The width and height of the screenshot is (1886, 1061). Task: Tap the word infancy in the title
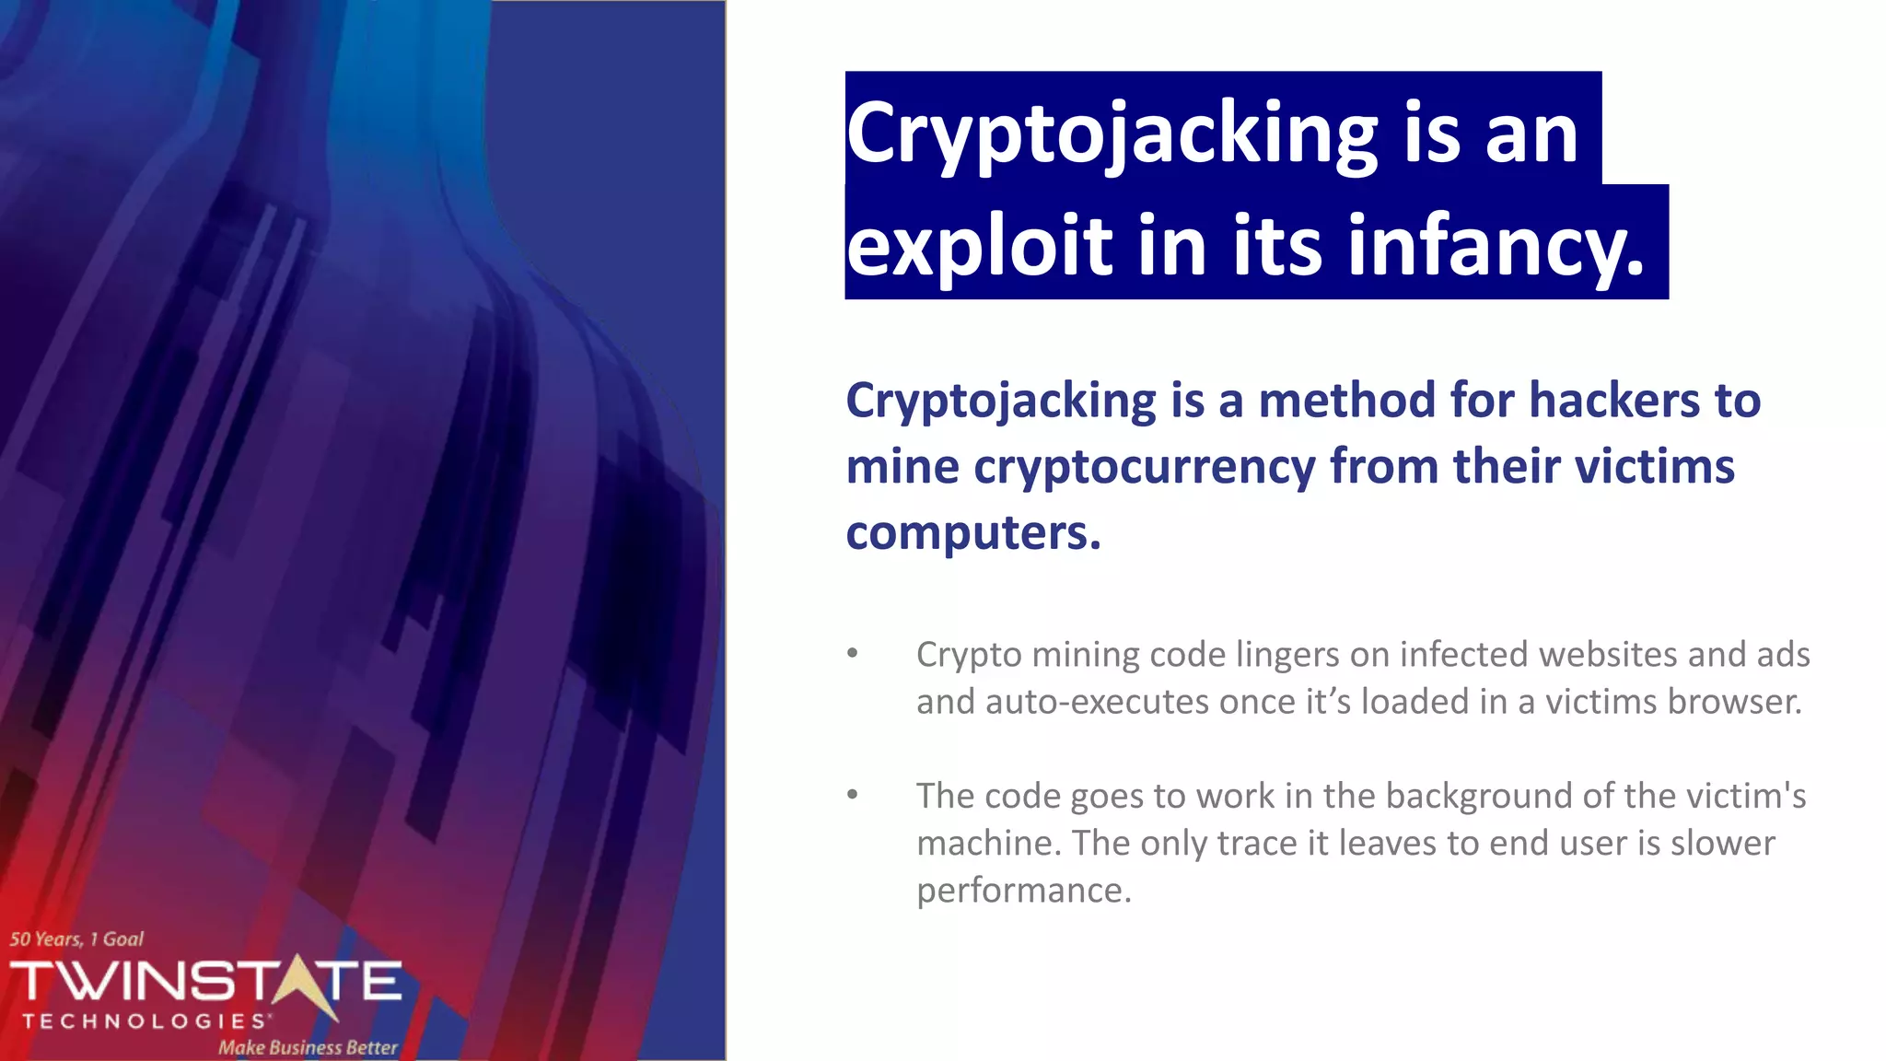pyautogui.click(x=1496, y=246)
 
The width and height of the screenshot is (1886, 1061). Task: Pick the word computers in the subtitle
pyautogui.click(x=972, y=532)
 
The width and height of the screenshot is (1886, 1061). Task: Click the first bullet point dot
pyautogui.click(x=853, y=654)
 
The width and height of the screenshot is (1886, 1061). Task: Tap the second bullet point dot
pyautogui.click(x=853, y=795)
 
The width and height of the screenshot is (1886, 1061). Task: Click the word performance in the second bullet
pyautogui.click(x=1023, y=891)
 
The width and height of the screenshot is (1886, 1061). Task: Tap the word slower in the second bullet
pyautogui.click(x=1722, y=844)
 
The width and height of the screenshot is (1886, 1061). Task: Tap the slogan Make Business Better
pyautogui.click(x=308, y=1047)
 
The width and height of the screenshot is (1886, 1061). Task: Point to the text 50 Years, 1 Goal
pyautogui.click(x=76, y=939)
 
